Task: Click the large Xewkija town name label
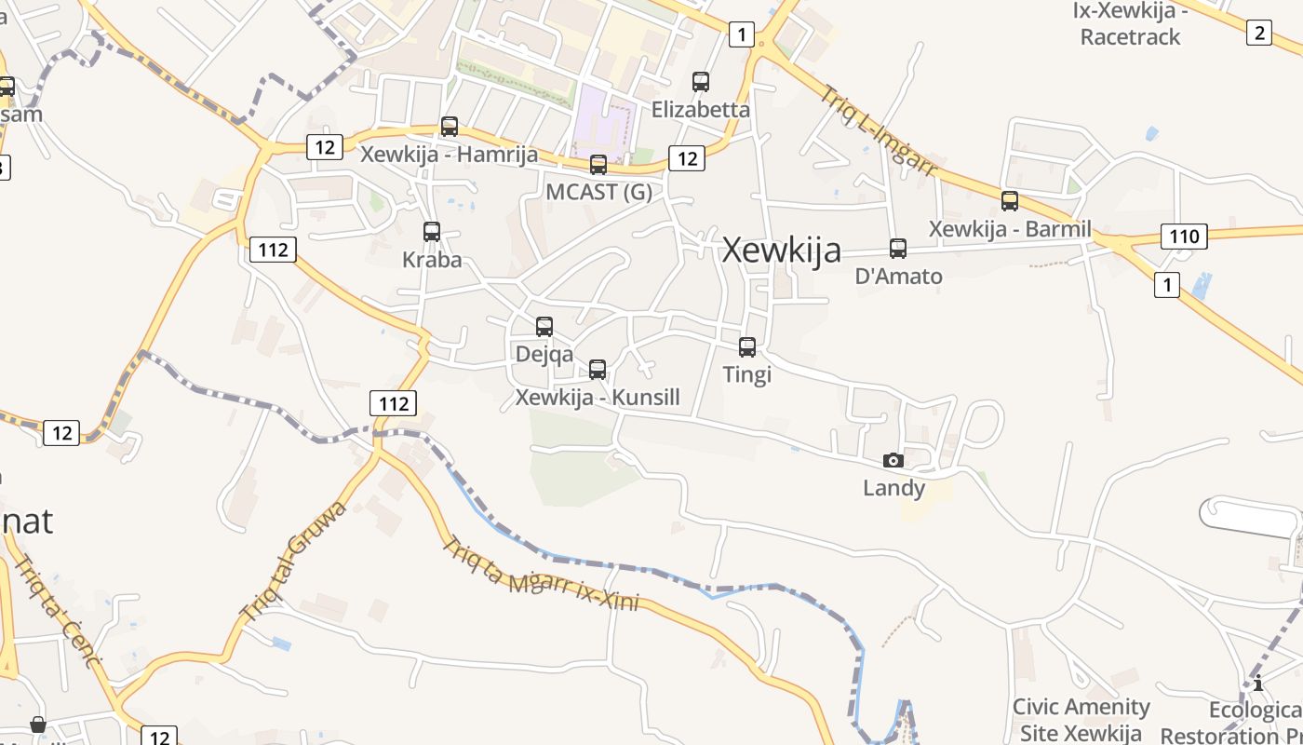[782, 250]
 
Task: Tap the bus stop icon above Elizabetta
[701, 82]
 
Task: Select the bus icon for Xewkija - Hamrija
[450, 126]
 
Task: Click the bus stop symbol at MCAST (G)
[598, 165]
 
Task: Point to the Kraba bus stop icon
[432, 231]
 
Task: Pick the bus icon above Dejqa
[544, 326]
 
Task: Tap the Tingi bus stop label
[747, 374]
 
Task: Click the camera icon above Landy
[893, 460]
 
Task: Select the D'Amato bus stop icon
[898, 249]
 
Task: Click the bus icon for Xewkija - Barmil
[1010, 200]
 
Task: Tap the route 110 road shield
[1184, 236]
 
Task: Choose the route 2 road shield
[1258, 33]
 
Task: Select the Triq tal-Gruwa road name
[294, 562]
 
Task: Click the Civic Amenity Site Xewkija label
[1081, 719]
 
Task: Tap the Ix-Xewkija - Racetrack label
[1130, 24]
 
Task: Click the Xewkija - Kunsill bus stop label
[598, 398]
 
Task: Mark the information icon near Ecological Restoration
[1258, 684]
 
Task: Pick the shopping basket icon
[38, 725]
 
